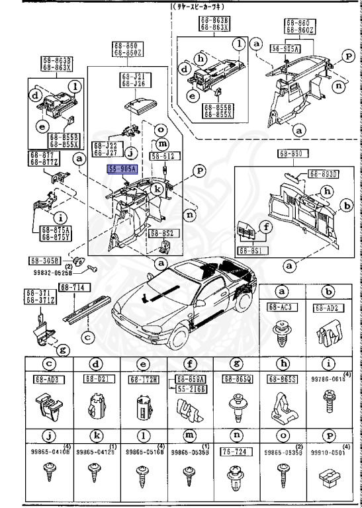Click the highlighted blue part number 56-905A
pos(122,169)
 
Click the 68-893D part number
pos(324,174)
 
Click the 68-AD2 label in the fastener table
pos(326,308)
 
